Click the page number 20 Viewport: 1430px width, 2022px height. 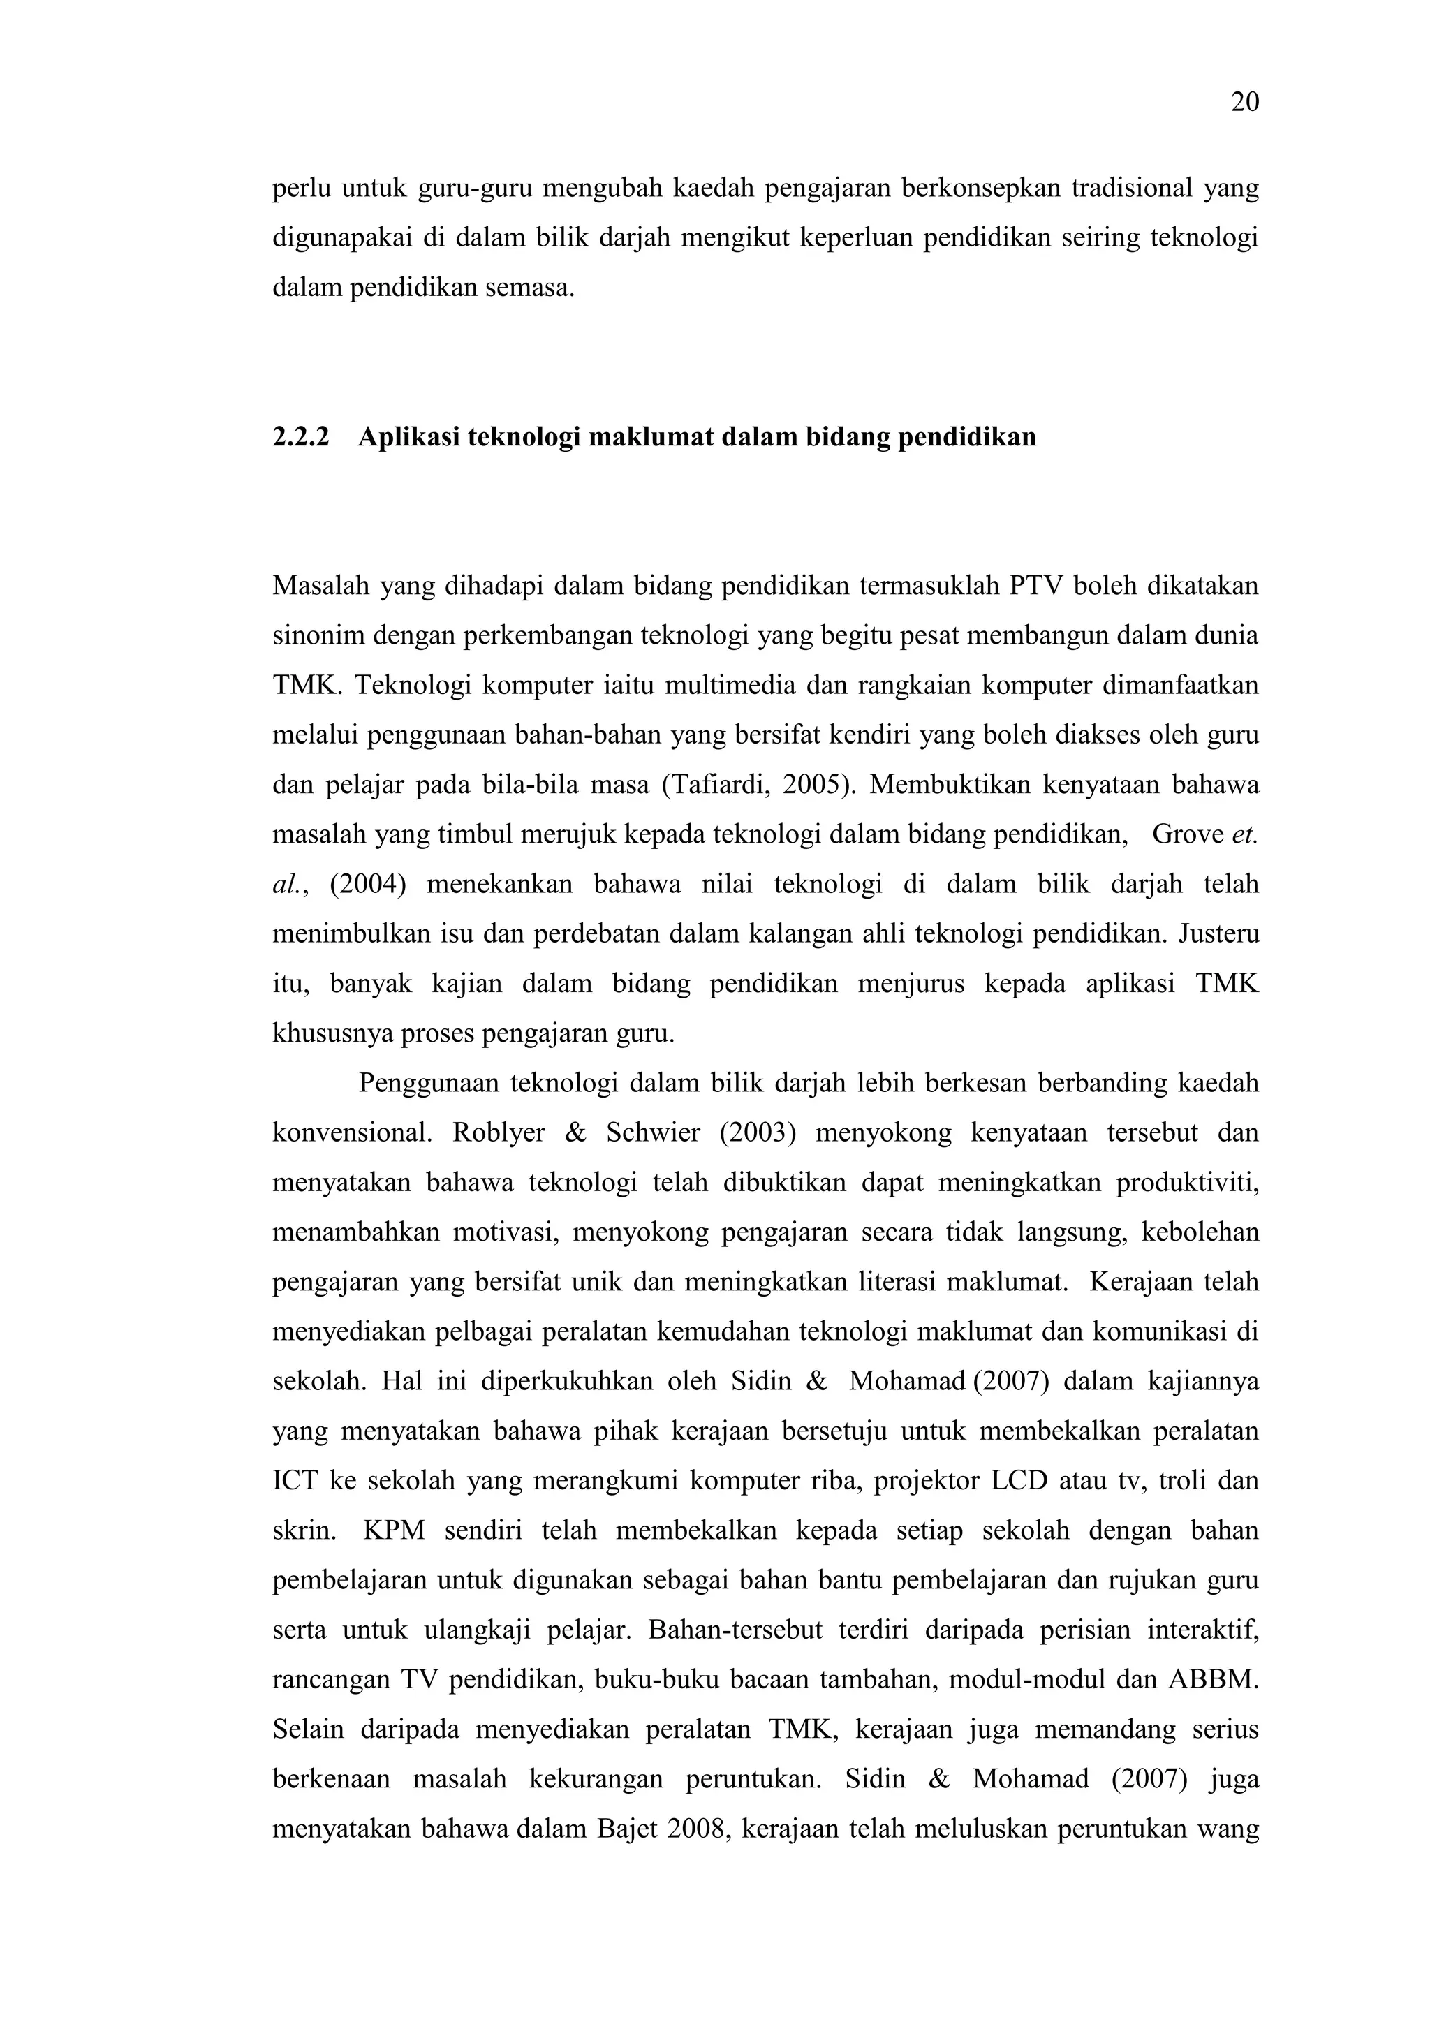1244,103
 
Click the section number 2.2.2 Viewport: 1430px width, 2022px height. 300,437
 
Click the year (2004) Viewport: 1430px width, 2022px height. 368,884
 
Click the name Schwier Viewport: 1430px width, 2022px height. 652,1132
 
